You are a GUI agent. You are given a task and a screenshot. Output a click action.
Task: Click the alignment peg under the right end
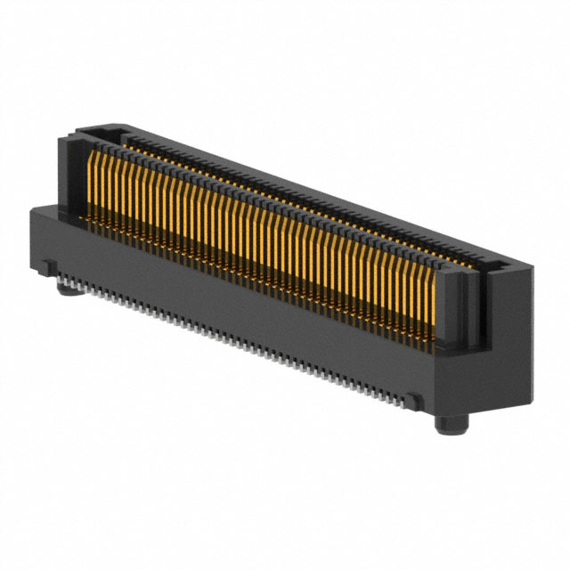(x=449, y=422)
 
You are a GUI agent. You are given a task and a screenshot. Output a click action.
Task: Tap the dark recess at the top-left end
(x=98, y=138)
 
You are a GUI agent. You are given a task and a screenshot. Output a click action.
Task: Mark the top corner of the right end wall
(x=525, y=266)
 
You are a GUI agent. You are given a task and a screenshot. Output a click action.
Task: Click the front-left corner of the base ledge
(x=32, y=210)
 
